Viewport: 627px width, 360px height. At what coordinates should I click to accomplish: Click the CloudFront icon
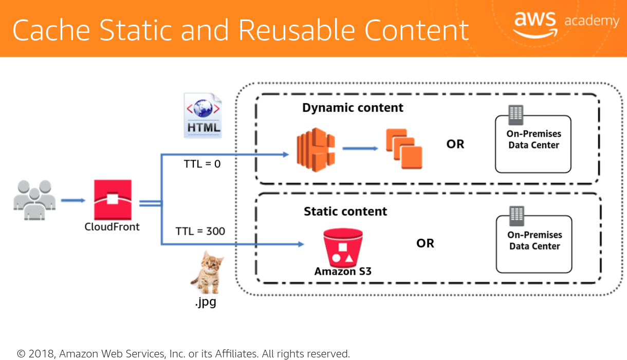coord(113,200)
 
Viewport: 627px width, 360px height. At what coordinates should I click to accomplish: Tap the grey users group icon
coord(34,200)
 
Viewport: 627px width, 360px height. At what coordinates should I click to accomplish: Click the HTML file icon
coord(203,116)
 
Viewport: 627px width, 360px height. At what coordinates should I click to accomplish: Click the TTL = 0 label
coord(202,164)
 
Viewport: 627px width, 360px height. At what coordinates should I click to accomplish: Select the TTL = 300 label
coord(200,231)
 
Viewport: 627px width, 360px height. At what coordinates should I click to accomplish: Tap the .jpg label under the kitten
coord(206,302)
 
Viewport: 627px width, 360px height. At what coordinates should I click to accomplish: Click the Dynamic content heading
coord(353,108)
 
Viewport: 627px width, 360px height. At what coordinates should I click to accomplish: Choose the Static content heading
coord(345,211)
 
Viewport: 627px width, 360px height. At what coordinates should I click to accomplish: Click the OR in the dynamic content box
coord(455,144)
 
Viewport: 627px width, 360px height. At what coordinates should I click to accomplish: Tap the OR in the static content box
coord(425,243)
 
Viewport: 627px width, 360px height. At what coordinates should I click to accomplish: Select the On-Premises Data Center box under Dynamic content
coord(533,144)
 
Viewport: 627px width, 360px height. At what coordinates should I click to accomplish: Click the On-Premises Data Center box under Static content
coord(534,244)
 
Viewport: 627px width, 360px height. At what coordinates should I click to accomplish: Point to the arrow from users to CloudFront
coord(73,200)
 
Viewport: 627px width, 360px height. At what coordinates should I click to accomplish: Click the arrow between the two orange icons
coord(360,148)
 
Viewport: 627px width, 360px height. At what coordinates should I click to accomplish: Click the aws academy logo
coord(566,23)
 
